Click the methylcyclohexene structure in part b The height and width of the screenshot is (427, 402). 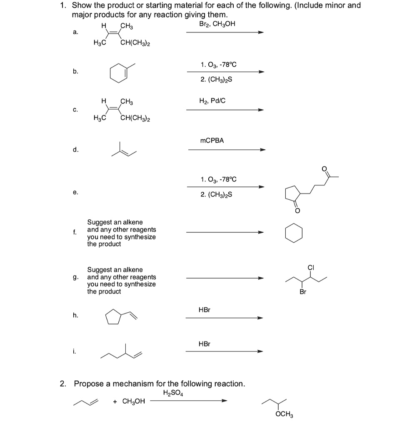[x=120, y=72]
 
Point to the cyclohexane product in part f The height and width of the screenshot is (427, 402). [x=294, y=233]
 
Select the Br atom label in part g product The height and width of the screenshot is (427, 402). [x=303, y=292]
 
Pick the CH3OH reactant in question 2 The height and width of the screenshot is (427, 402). [x=133, y=402]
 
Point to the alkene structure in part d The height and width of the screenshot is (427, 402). [x=124, y=151]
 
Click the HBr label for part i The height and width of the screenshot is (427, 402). [x=205, y=344]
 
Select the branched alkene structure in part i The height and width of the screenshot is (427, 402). [x=122, y=353]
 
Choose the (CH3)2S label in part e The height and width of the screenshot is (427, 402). [x=216, y=195]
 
